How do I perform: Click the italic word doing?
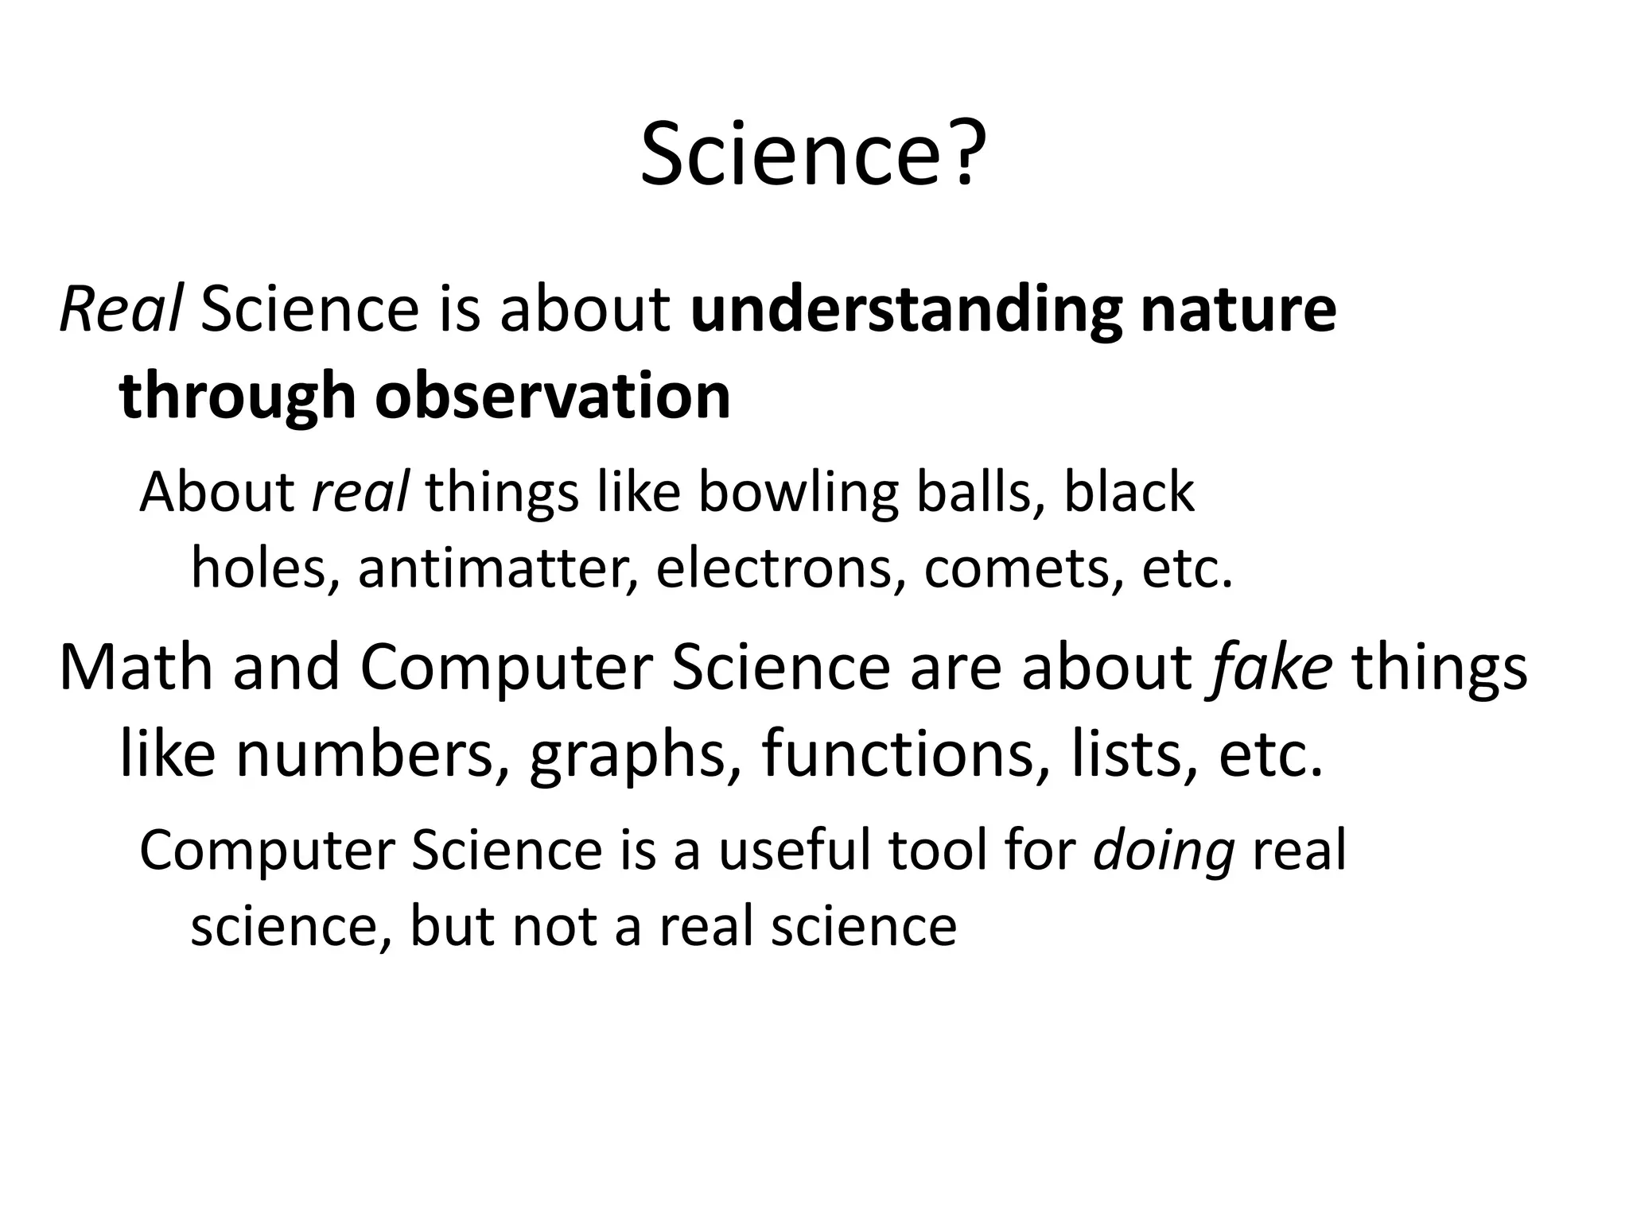pos(1164,851)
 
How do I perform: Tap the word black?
pos(1129,492)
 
